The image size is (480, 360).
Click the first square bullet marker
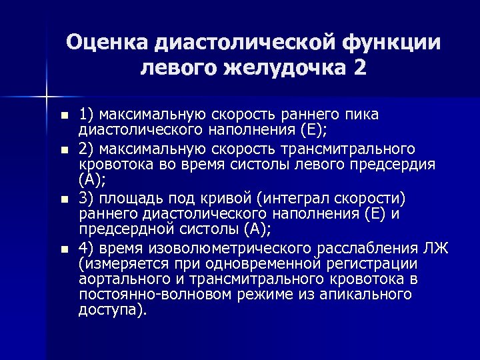click(x=64, y=115)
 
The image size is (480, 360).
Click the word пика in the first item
click(x=364, y=114)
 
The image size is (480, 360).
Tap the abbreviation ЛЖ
click(x=437, y=249)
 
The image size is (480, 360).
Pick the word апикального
click(x=364, y=295)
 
